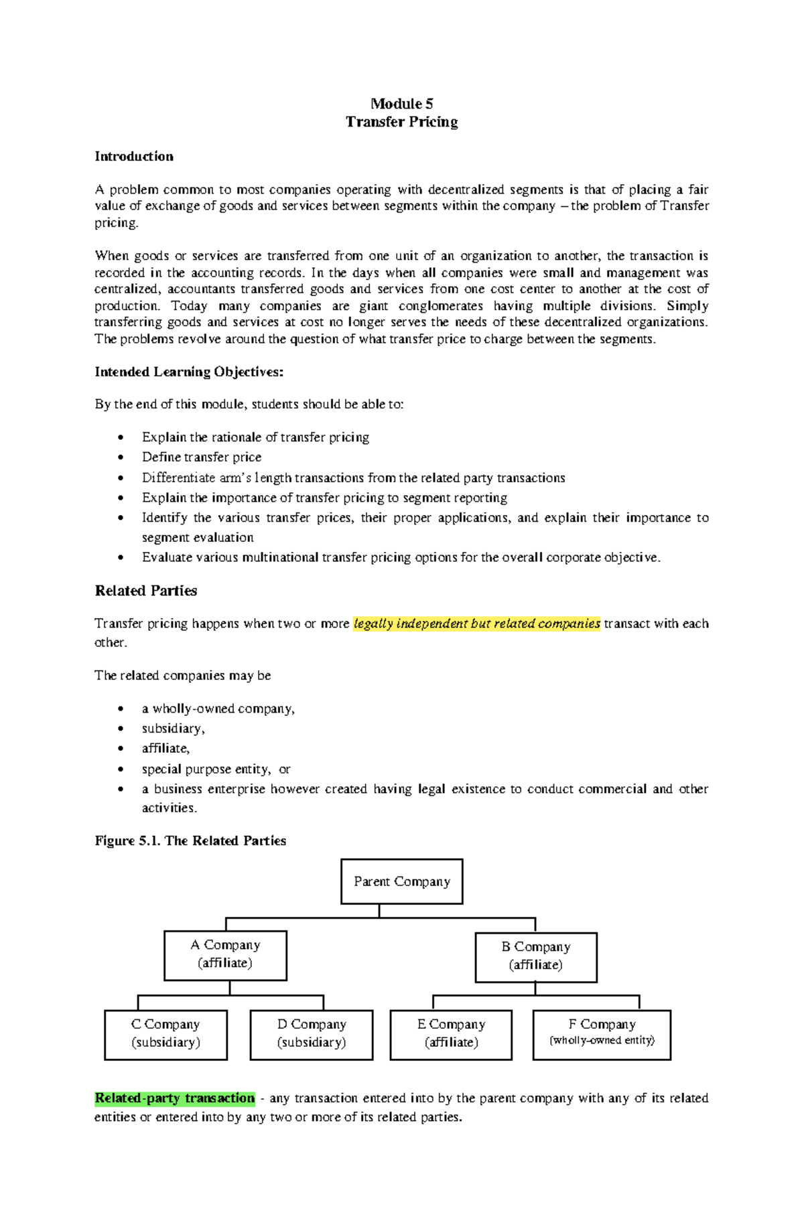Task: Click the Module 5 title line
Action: pyautogui.click(x=401, y=104)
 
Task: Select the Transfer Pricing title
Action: pyautogui.click(x=401, y=122)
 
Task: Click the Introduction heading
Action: pyautogui.click(x=134, y=157)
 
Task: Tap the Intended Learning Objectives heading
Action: pyautogui.click(x=189, y=372)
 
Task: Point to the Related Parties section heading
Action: pyautogui.click(x=145, y=591)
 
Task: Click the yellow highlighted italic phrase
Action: pyautogui.click(x=476, y=624)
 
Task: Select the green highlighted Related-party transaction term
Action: pyautogui.click(x=175, y=1098)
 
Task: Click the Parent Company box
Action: pyautogui.click(x=401, y=881)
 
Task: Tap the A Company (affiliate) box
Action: pyautogui.click(x=225, y=954)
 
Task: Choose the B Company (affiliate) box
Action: pyautogui.click(x=535, y=956)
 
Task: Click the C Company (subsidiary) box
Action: pyautogui.click(x=165, y=1034)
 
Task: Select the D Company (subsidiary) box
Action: pyautogui.click(x=311, y=1034)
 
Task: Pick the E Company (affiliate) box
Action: pyautogui.click(x=451, y=1034)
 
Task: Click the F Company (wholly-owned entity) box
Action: pyautogui.click(x=602, y=1034)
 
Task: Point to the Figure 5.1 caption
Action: pyautogui.click(x=190, y=841)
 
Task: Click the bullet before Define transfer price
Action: pyautogui.click(x=121, y=458)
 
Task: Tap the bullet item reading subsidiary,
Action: pyautogui.click(x=173, y=729)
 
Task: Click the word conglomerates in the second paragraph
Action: pyautogui.click(x=440, y=306)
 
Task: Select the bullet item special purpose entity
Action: pyautogui.click(x=206, y=769)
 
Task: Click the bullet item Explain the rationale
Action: pyautogui.click(x=255, y=437)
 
